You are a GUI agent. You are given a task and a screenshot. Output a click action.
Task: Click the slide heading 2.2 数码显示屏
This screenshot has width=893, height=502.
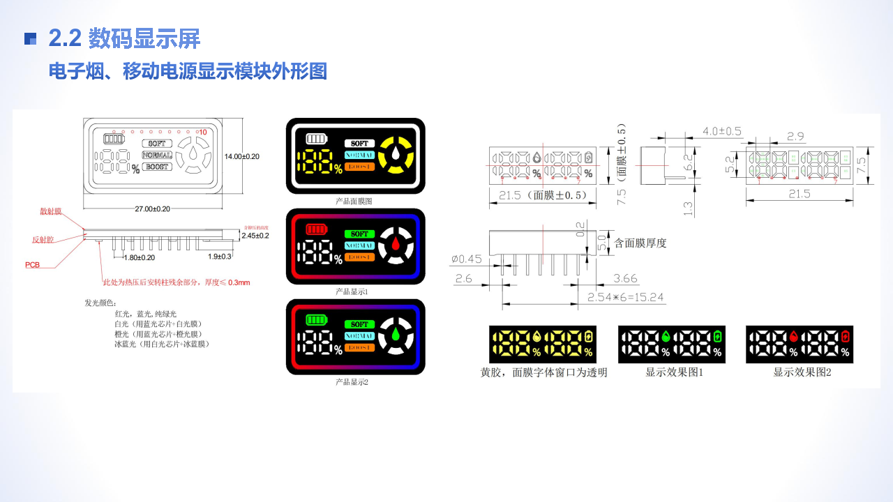coord(124,39)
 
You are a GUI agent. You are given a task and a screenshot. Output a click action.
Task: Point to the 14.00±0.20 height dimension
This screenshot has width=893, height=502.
coord(241,157)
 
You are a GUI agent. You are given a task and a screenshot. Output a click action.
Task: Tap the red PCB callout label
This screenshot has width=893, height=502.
coord(33,265)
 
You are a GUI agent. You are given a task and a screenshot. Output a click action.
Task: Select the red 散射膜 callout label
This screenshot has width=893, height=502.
coord(50,211)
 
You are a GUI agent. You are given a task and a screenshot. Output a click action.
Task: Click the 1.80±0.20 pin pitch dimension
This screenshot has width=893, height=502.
coord(139,257)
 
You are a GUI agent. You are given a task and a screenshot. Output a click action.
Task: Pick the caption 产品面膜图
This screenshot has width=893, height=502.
coord(354,201)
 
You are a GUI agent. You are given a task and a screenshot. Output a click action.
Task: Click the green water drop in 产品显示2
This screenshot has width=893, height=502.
coord(396,334)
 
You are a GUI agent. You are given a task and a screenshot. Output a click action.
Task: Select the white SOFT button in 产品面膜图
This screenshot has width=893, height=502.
coord(359,143)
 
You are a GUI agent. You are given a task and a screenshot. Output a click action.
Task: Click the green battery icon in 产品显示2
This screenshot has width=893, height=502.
coord(316,320)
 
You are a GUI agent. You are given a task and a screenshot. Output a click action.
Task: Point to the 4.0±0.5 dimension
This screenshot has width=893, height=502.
coord(721,131)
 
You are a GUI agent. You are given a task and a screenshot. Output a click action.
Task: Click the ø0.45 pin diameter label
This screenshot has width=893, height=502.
coord(467,259)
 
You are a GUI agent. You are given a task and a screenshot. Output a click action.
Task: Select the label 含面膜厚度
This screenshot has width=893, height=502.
coord(640,243)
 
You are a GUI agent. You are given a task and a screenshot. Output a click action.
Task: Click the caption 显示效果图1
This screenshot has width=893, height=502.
coord(674,372)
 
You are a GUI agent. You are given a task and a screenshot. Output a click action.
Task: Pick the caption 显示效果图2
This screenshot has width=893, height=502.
coord(802,372)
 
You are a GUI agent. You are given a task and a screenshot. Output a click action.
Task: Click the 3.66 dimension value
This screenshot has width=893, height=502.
coord(625,279)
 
